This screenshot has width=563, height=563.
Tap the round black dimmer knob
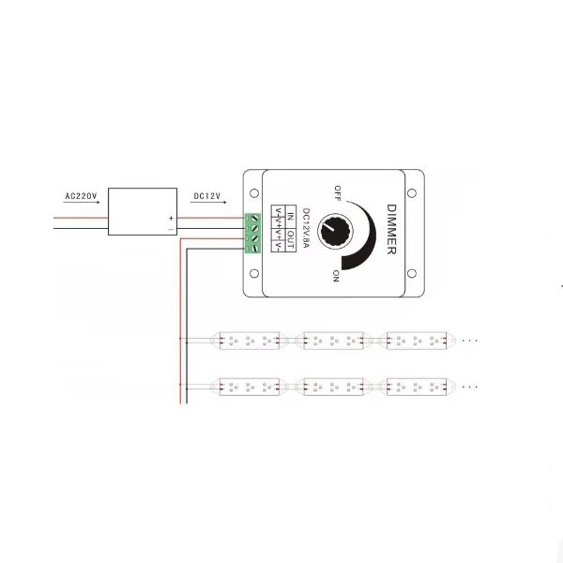coord(331,228)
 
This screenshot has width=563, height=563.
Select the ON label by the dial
coord(335,274)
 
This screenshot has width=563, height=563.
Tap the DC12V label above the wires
coord(205,196)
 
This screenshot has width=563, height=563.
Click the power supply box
coord(143,211)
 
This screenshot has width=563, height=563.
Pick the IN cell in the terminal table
coord(290,217)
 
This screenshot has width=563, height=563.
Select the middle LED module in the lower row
coord(330,386)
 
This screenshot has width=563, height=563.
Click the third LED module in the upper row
coord(413,339)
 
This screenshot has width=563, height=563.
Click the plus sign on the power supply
coord(171,218)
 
